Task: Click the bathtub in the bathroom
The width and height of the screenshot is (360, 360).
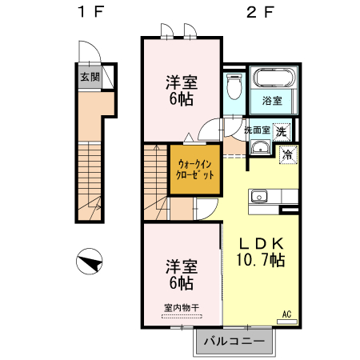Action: [273, 80]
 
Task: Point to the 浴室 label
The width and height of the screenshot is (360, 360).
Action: [272, 101]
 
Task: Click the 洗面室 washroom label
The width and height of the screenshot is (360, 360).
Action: [258, 130]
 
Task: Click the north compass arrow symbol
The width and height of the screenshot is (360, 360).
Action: [90, 262]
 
